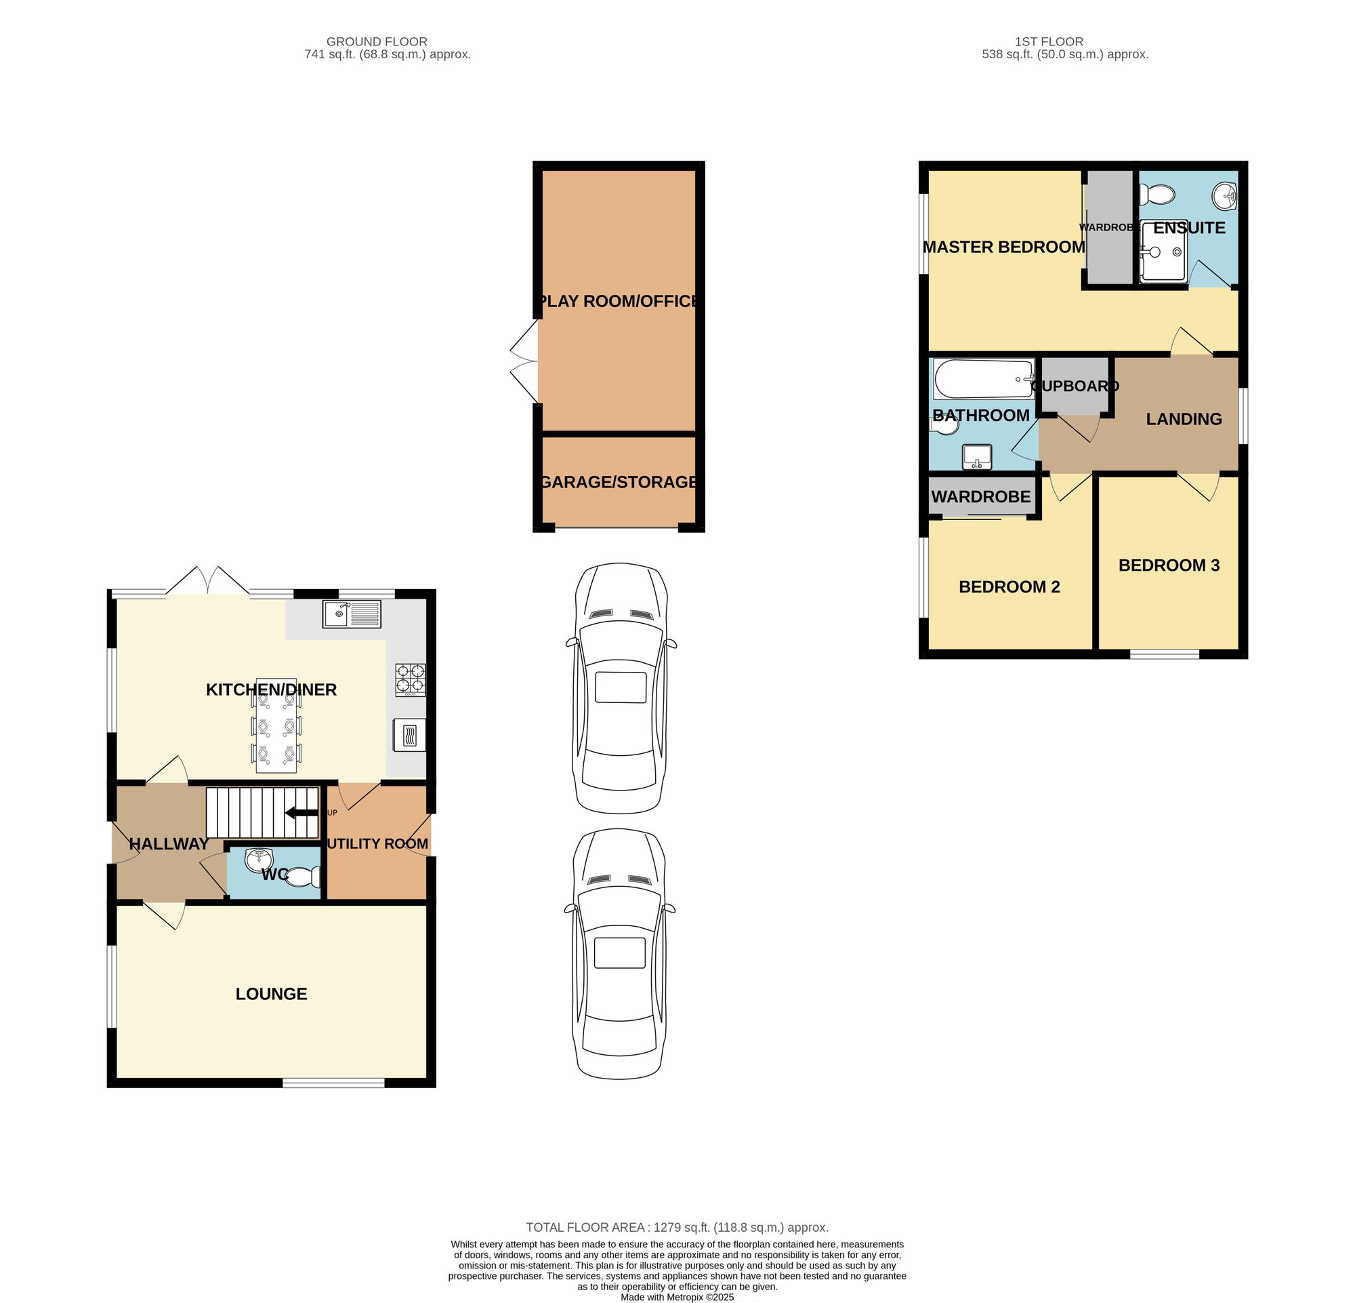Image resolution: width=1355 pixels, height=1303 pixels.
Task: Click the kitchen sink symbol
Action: (351, 614)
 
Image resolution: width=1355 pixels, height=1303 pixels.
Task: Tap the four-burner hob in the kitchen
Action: (410, 679)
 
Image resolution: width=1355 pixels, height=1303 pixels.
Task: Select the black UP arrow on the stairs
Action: (301, 813)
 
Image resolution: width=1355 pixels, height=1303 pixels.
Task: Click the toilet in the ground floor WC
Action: (304, 878)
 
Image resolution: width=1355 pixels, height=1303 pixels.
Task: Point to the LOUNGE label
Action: (271, 994)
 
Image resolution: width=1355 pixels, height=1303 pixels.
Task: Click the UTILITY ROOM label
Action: (377, 844)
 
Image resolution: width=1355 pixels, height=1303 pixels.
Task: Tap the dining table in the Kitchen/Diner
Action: (276, 725)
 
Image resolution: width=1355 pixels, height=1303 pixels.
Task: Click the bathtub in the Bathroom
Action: (982, 378)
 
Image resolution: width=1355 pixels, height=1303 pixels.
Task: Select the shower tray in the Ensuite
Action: (1163, 252)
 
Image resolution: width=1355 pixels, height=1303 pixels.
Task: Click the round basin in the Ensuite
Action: (1224, 197)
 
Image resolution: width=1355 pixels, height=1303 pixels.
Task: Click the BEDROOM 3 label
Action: (1168, 565)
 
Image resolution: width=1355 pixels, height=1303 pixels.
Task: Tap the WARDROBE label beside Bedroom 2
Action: (980, 496)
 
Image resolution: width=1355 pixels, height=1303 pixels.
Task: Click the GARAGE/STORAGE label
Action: (618, 482)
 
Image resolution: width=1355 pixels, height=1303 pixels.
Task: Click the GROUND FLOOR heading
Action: (377, 41)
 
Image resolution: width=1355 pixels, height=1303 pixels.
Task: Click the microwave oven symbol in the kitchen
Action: (409, 734)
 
